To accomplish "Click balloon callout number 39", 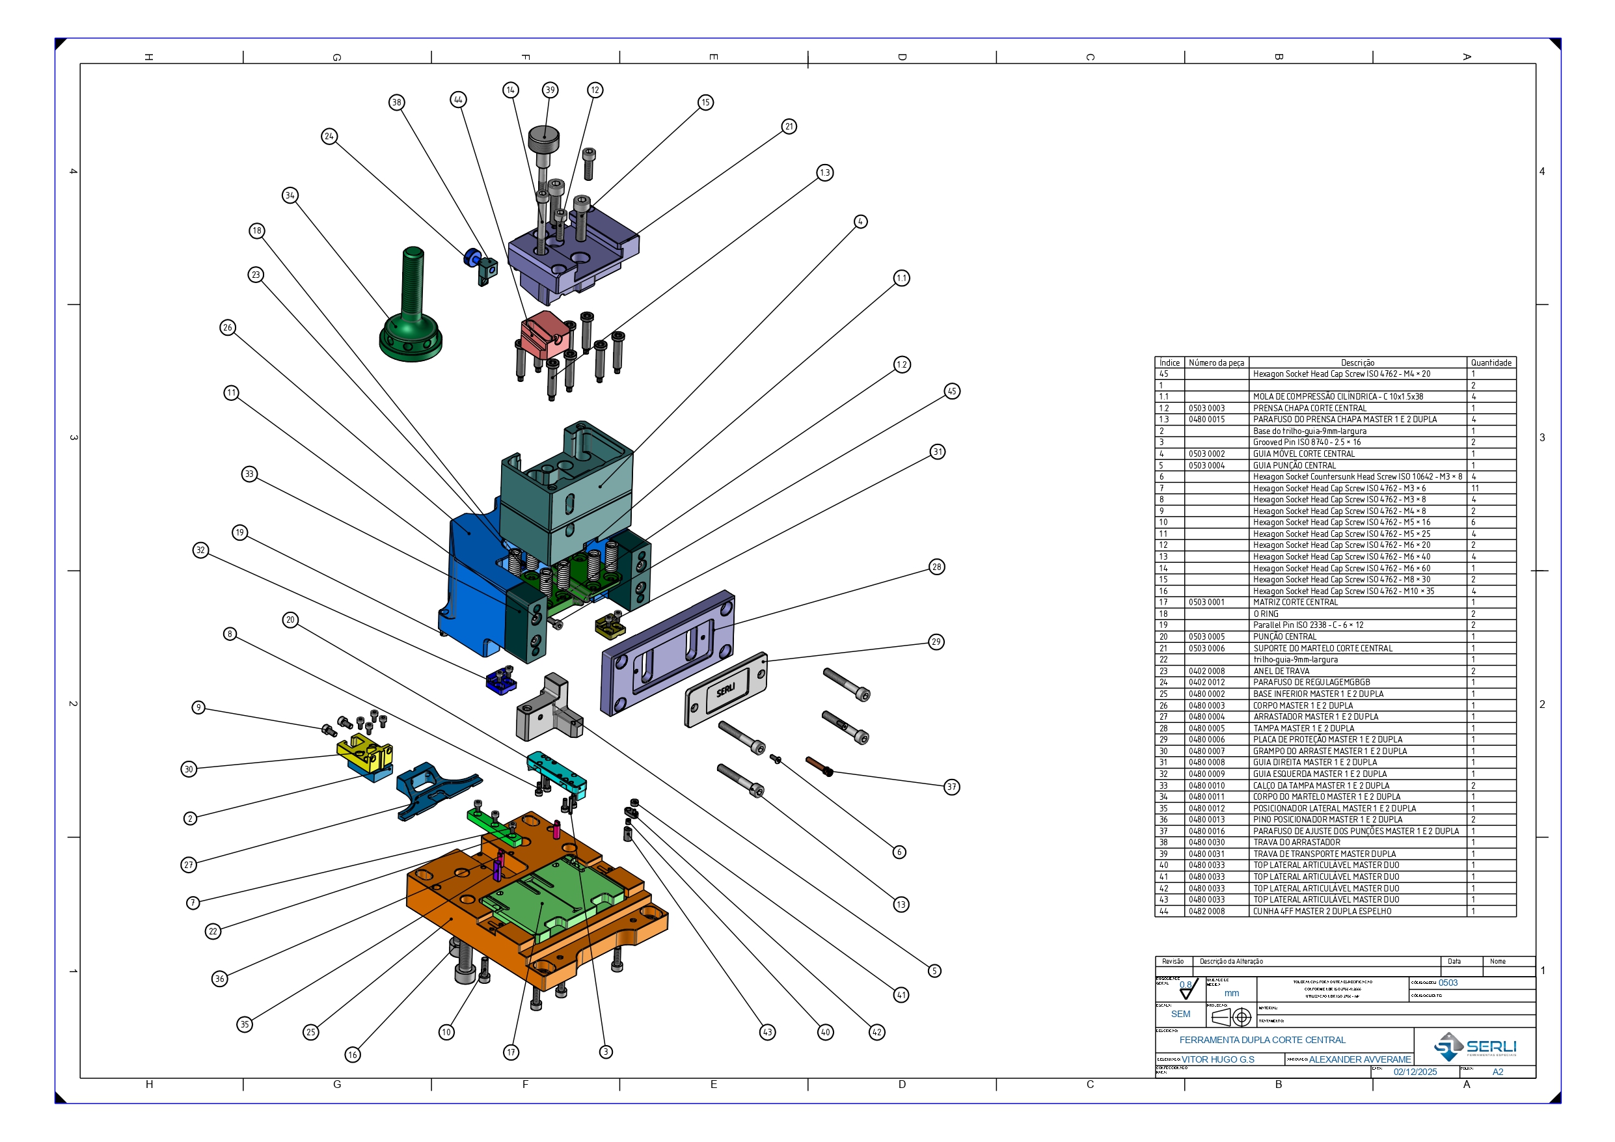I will (x=550, y=90).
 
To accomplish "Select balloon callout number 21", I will (x=789, y=127).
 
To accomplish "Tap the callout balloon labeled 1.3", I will (x=825, y=173).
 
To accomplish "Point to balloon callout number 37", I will (x=952, y=787).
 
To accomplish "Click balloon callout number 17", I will (x=511, y=1053).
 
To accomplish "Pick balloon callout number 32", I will (x=201, y=551).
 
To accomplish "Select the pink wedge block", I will (x=545, y=334).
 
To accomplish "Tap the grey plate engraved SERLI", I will (x=726, y=689).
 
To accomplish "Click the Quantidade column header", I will (x=1491, y=363).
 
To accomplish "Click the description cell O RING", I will (x=1266, y=614).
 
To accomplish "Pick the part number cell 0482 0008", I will (x=1206, y=911).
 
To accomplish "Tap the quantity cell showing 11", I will (x=1475, y=488).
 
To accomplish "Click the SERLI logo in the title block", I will (x=1475, y=1047).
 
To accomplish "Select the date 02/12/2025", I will (x=1415, y=1072).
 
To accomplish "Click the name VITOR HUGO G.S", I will (x=1217, y=1059).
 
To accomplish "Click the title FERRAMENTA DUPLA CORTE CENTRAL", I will (x=1262, y=1040).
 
